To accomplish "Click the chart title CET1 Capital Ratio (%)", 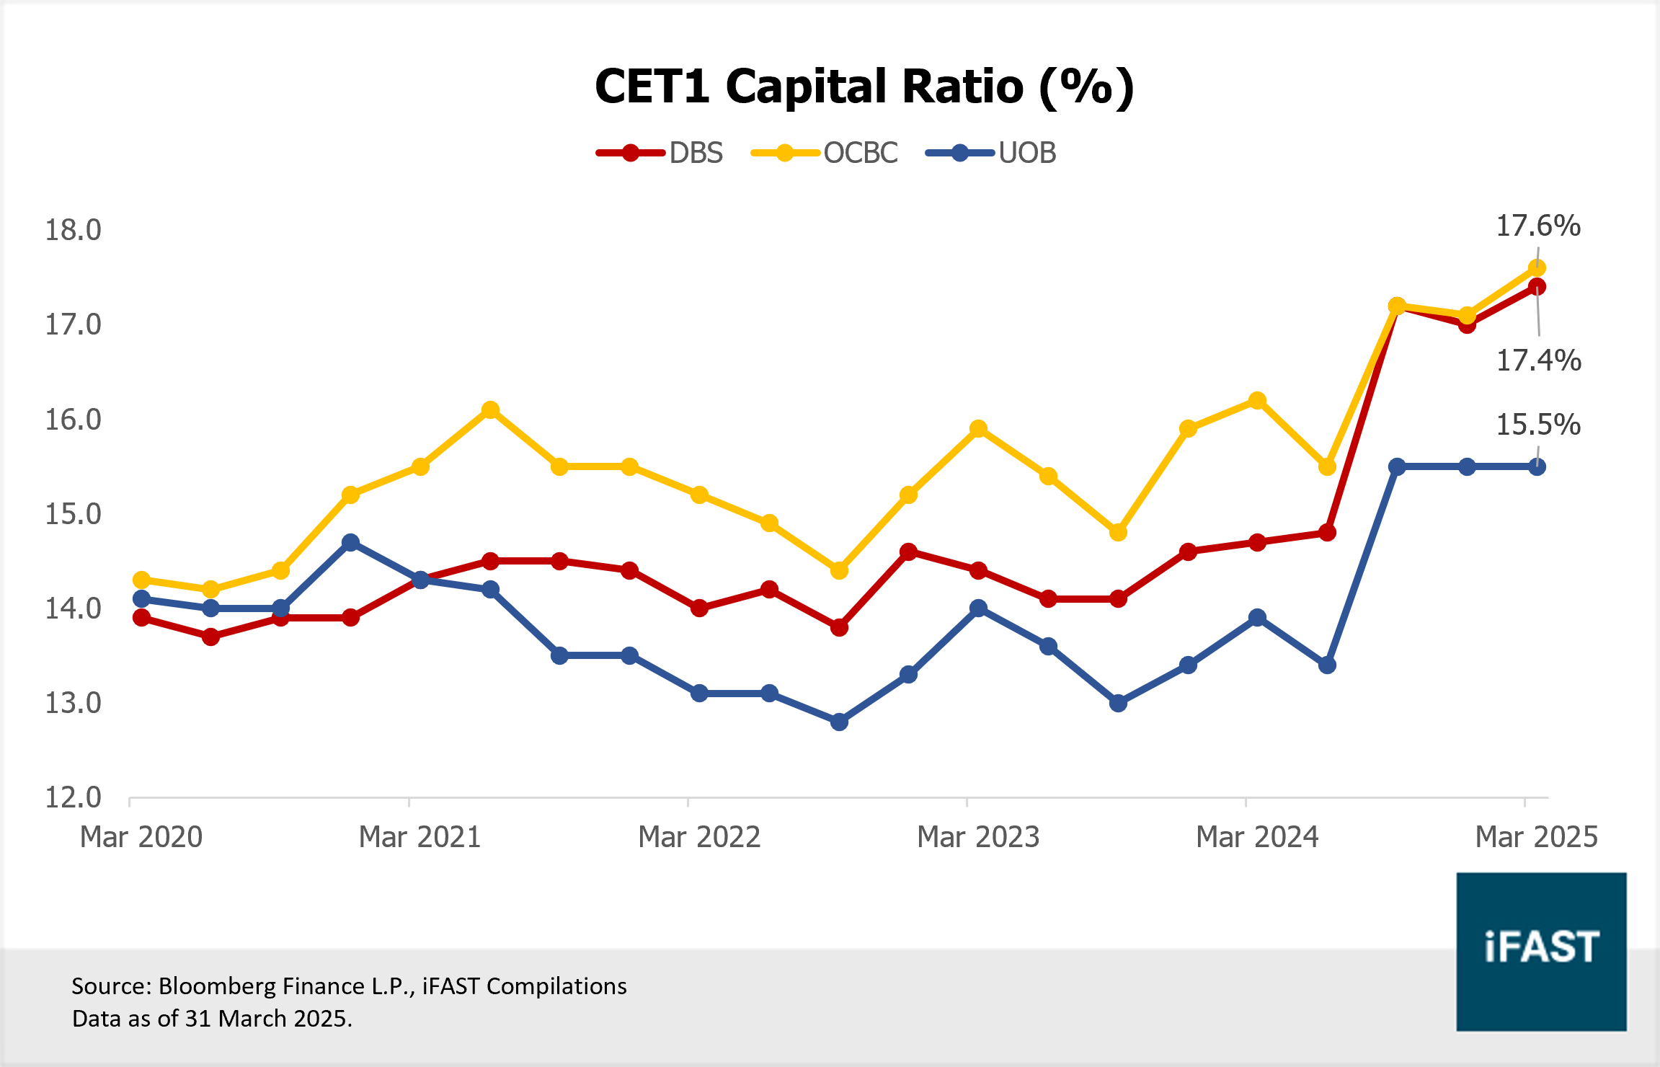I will (864, 87).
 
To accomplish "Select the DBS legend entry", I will (660, 153).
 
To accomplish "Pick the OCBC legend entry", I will (825, 153).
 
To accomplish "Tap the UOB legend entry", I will (991, 153).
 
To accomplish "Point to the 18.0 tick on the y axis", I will (73, 230).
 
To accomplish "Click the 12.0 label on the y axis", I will (73, 797).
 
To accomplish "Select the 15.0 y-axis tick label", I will (73, 514).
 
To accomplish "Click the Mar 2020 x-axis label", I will (141, 837).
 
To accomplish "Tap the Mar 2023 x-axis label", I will (978, 837).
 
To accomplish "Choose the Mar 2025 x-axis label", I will (1536, 837).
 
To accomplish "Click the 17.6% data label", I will (1538, 226).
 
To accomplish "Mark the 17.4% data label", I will (1538, 360).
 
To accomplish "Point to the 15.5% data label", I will (1538, 425).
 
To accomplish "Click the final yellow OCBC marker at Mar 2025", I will (1536, 268).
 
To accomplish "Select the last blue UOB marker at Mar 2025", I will (1537, 466).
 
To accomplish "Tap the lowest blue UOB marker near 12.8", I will (839, 722).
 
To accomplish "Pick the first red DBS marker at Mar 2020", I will (141, 618).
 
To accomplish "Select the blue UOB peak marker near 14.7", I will (350, 542).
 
